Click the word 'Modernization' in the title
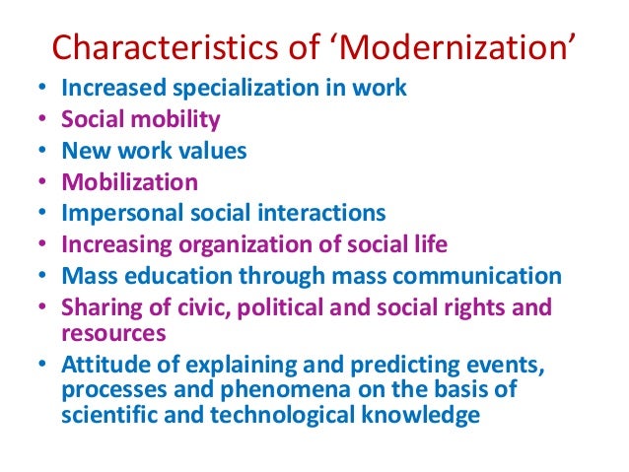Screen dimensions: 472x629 [473, 47]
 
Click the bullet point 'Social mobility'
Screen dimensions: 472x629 [141, 119]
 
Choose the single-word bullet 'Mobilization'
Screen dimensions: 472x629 [129, 182]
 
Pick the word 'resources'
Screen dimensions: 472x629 [111, 333]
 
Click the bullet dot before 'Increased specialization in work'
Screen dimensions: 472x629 [40, 89]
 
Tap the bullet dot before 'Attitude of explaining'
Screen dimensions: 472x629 [40, 366]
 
